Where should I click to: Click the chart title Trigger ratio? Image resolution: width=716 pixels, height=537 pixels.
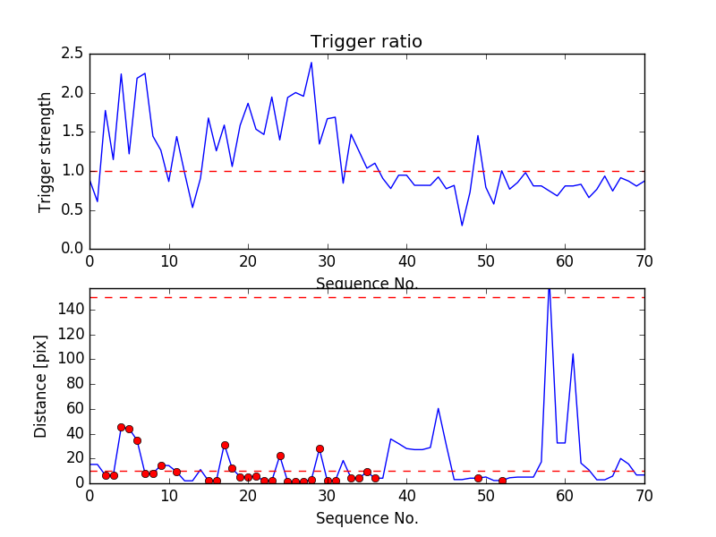(366, 42)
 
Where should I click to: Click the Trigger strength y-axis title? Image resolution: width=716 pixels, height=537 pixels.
(46, 151)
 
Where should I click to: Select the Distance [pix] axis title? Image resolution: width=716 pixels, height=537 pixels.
(41, 385)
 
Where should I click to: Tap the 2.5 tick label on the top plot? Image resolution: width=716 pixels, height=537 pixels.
(72, 54)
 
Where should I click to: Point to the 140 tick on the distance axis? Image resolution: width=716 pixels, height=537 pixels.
(71, 309)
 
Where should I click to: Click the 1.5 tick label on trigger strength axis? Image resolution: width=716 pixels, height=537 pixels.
(72, 132)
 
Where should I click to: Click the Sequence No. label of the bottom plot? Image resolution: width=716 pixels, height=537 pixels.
(366, 518)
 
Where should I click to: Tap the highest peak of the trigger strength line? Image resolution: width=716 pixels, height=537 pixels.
(311, 62)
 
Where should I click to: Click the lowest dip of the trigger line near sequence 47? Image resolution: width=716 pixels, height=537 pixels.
(462, 226)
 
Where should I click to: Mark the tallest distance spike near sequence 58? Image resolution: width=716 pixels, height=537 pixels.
(549, 290)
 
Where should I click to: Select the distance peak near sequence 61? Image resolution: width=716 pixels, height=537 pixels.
(573, 354)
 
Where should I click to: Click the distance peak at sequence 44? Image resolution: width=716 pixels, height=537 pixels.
(438, 408)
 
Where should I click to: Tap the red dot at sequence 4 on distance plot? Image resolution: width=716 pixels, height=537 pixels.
(121, 427)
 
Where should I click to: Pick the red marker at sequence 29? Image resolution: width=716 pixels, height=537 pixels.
(320, 448)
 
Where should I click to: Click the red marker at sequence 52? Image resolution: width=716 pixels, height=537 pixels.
(502, 481)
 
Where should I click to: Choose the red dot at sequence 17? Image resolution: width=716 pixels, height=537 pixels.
(225, 445)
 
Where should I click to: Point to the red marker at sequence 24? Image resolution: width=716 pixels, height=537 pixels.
(280, 456)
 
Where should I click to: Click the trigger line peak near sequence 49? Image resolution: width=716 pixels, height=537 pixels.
(478, 135)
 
